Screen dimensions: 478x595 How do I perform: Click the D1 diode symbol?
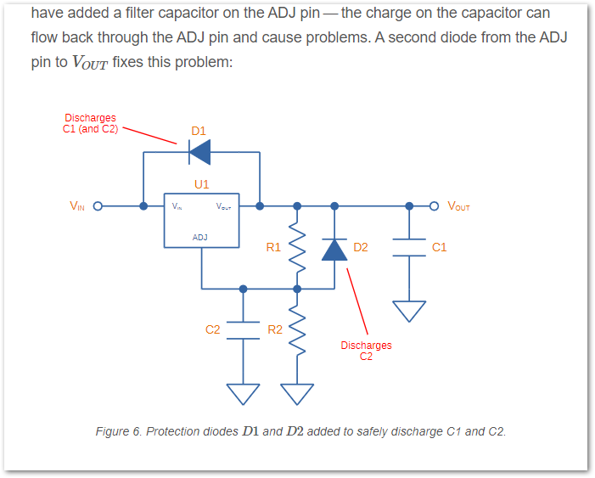(199, 152)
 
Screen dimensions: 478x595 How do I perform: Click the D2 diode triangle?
(334, 249)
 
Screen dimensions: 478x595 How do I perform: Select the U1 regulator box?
(201, 223)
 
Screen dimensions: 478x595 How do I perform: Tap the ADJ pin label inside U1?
(200, 238)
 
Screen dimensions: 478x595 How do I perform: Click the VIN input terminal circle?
(97, 205)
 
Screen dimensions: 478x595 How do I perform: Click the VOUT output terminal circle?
(435, 205)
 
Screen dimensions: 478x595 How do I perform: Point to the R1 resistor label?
(273, 248)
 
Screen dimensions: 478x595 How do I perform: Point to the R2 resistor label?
(275, 329)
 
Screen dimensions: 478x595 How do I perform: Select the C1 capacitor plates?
(409, 247)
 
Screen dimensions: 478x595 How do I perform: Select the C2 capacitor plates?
(243, 329)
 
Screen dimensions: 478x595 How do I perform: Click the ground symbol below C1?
(409, 312)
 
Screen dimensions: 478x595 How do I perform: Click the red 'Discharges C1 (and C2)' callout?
(91, 124)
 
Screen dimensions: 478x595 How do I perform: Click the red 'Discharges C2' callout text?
(366, 351)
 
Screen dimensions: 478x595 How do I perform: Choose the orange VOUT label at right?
(458, 205)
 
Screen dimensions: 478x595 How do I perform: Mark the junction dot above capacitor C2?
(243, 289)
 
